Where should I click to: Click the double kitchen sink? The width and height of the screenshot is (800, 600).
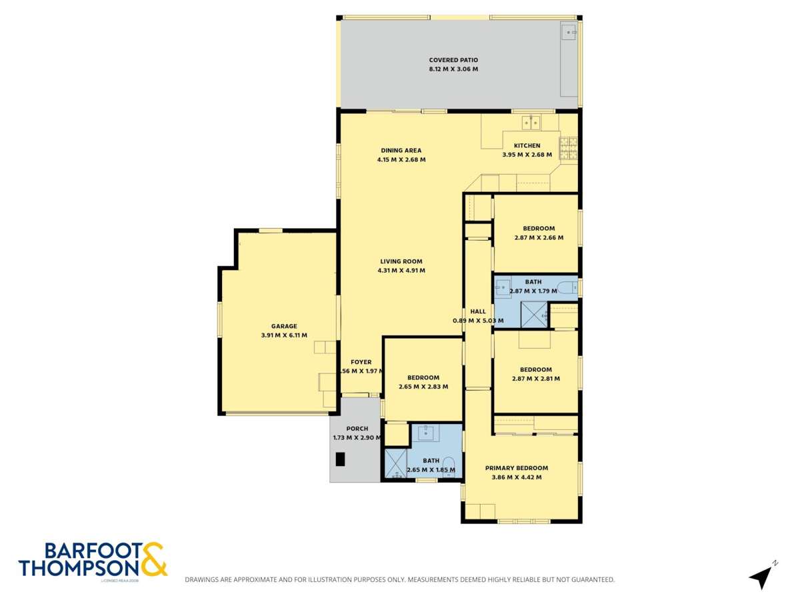click(x=531, y=123)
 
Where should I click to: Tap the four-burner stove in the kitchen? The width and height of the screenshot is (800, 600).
click(x=569, y=148)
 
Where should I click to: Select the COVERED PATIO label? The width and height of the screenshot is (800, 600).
click(x=453, y=60)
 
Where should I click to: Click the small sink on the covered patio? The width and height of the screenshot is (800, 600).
click(x=569, y=31)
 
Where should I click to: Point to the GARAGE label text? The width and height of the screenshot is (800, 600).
click(x=284, y=326)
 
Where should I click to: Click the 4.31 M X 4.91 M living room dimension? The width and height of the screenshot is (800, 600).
click(x=401, y=271)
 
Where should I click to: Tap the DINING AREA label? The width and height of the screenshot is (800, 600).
click(x=401, y=151)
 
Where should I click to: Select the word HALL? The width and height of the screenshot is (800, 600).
click(x=478, y=311)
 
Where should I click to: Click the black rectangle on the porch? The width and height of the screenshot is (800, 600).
click(x=341, y=459)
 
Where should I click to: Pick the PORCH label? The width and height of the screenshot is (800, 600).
click(x=357, y=429)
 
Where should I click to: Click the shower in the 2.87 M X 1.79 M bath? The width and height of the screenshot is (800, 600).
click(x=533, y=314)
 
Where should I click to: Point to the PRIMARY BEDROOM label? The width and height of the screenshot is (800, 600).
click(x=517, y=468)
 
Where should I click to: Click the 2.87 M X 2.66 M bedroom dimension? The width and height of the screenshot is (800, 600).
click(x=539, y=237)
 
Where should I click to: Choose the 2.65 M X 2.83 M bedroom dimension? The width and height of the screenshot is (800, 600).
click(x=423, y=387)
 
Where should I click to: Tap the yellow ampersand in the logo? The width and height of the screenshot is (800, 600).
click(x=154, y=559)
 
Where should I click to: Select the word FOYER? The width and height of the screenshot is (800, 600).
click(x=361, y=362)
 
